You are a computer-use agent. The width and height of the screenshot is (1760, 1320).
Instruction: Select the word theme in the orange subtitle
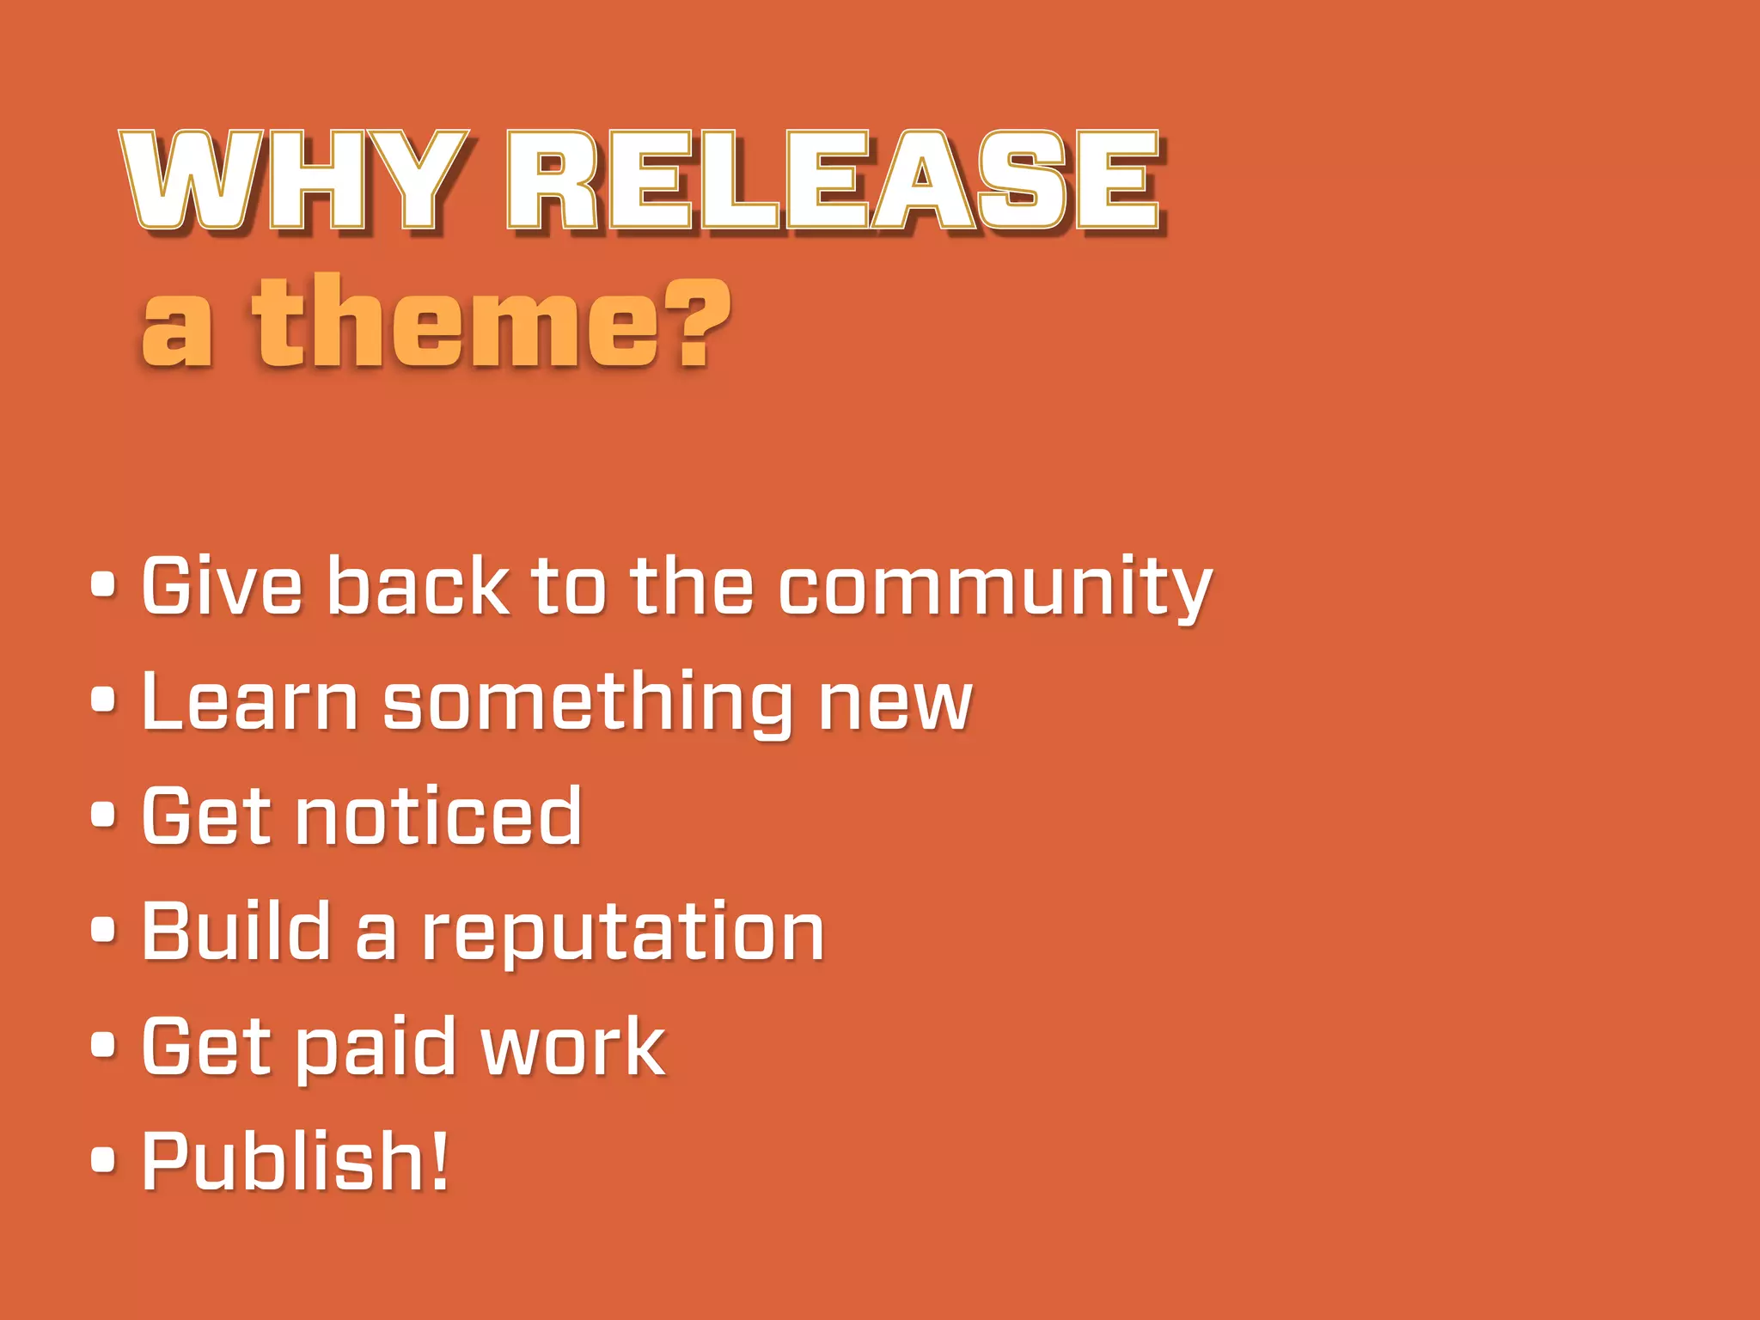pyautogui.click(x=455, y=322)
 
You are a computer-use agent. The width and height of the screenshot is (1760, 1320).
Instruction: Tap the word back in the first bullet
pyautogui.click(x=419, y=586)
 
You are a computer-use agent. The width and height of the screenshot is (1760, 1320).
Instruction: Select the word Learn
pyautogui.click(x=249, y=702)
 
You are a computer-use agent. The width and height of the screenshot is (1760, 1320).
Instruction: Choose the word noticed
pyautogui.click(x=438, y=816)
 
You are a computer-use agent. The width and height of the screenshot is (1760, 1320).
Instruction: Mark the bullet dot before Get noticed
pyautogui.click(x=103, y=815)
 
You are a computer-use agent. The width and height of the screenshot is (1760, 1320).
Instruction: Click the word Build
pyautogui.click(x=236, y=931)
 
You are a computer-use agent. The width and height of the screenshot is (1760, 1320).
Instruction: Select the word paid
pyautogui.click(x=374, y=1048)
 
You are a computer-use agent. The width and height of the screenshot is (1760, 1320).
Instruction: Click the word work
pyautogui.click(x=573, y=1047)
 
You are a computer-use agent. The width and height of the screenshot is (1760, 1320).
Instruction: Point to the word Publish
pyautogui.click(x=284, y=1162)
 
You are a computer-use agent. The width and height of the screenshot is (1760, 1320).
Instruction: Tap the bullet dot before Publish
pyautogui.click(x=103, y=1159)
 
